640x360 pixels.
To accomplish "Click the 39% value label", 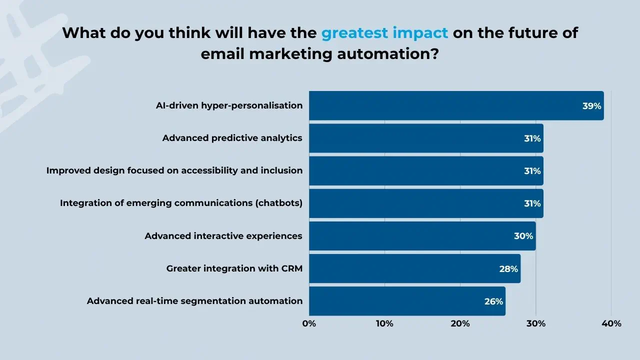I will point(591,106).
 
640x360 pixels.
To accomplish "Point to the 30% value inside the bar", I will point(523,236).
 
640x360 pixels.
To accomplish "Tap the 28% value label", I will point(508,268).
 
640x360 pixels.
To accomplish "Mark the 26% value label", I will point(493,301).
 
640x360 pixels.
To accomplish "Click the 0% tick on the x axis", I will point(309,323).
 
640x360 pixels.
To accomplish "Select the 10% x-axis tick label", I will point(384,323).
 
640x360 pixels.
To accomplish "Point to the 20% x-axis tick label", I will point(460,323).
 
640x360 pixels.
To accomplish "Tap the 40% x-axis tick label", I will point(611,323).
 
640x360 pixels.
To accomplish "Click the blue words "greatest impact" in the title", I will point(384,33).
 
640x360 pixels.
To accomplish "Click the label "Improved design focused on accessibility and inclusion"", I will point(174,170).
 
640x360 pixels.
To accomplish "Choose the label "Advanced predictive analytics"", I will point(232,138).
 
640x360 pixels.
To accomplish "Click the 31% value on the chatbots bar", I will point(532,203).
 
